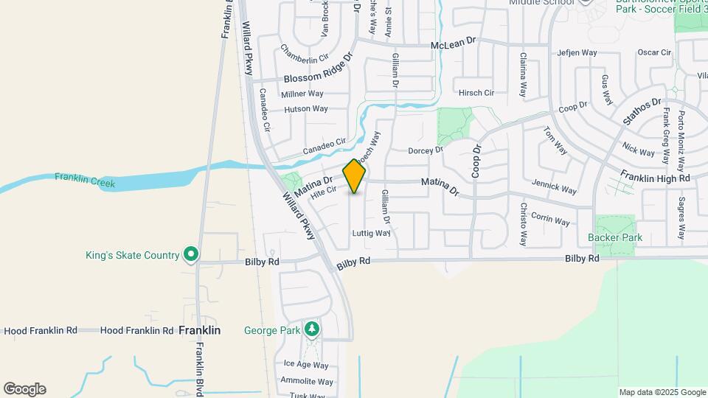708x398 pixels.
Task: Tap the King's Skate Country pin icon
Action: pos(191,255)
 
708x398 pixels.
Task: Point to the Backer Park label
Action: pos(615,237)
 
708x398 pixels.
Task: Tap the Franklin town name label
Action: pos(199,331)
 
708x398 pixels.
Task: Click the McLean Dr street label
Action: pos(454,45)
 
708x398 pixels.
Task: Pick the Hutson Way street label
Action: pos(306,109)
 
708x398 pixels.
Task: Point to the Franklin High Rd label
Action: pos(655,178)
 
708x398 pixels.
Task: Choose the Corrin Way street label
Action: pos(550,220)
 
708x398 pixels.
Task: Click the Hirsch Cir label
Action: pos(476,93)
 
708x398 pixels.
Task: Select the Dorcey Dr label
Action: pos(426,150)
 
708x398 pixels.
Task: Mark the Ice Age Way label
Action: pos(306,365)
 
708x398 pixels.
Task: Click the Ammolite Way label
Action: pos(307,381)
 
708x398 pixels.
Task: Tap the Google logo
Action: pos(24,389)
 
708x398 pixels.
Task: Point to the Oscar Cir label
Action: pos(654,53)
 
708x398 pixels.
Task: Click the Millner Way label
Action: pos(302,94)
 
